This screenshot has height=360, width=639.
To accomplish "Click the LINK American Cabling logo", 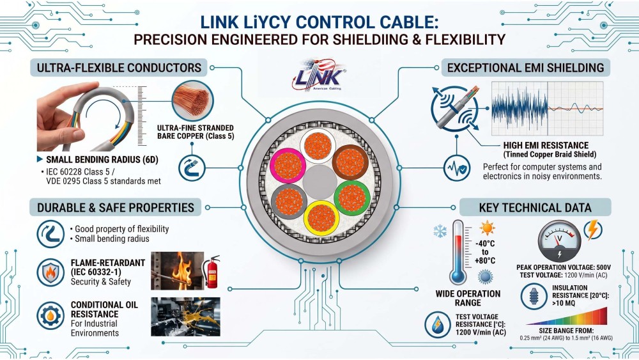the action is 319,75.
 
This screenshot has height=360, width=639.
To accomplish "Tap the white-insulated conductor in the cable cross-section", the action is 318,146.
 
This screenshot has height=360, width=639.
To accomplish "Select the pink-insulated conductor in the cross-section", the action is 288,166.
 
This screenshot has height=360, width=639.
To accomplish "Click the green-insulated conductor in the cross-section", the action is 352,198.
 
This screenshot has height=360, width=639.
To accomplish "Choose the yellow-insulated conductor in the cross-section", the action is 322,218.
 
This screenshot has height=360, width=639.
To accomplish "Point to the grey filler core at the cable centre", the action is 319,182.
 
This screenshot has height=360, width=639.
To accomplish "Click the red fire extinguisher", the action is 212,272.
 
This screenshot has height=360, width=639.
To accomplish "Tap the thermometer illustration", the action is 458,253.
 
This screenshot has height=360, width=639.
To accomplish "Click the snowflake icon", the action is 440,231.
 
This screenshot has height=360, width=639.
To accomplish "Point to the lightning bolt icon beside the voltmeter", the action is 593,230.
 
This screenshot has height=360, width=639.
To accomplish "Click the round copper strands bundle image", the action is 193,100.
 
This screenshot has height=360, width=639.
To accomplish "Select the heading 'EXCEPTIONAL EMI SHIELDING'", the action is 526,68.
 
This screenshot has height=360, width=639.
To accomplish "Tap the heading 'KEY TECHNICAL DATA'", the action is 535,208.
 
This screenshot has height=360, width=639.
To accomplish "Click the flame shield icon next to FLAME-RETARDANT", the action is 50,272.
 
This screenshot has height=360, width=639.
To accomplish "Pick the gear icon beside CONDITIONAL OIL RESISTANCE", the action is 50,316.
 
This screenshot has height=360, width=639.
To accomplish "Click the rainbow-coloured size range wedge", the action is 566,317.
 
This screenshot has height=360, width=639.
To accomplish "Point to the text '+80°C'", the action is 485,260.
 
